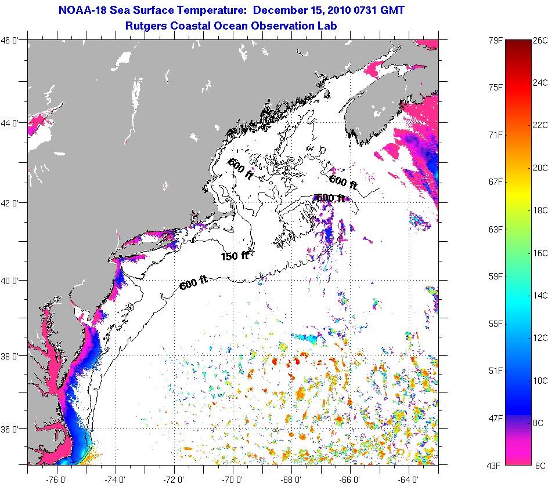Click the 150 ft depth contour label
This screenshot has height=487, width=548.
(x=235, y=255)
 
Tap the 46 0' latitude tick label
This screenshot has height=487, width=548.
(x=12, y=40)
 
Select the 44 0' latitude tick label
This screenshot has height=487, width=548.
(x=12, y=123)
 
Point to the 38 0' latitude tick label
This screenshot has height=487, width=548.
(x=12, y=355)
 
